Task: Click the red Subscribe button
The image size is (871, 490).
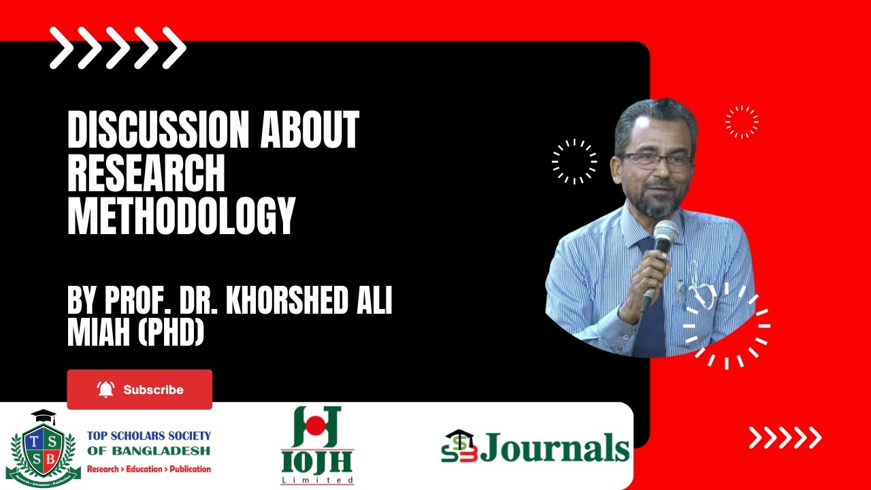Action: (x=139, y=389)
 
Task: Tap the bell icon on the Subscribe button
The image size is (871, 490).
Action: (x=105, y=389)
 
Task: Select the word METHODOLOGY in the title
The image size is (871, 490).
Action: (x=181, y=216)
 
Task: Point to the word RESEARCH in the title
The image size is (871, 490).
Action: (x=146, y=174)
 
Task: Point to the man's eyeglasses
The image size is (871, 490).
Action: (x=654, y=161)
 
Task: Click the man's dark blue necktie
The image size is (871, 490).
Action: (x=651, y=320)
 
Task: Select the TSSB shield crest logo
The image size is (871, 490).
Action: (x=43, y=448)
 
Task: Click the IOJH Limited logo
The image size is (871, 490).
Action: (x=318, y=446)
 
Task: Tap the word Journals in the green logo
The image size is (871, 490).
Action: (x=555, y=448)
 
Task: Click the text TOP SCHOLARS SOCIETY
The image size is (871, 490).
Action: (x=148, y=436)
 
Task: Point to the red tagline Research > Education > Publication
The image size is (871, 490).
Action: (x=148, y=469)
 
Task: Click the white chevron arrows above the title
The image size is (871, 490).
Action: (x=118, y=48)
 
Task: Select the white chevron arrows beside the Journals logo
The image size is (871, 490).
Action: (x=785, y=438)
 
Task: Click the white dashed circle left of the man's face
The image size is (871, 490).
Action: (x=574, y=161)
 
